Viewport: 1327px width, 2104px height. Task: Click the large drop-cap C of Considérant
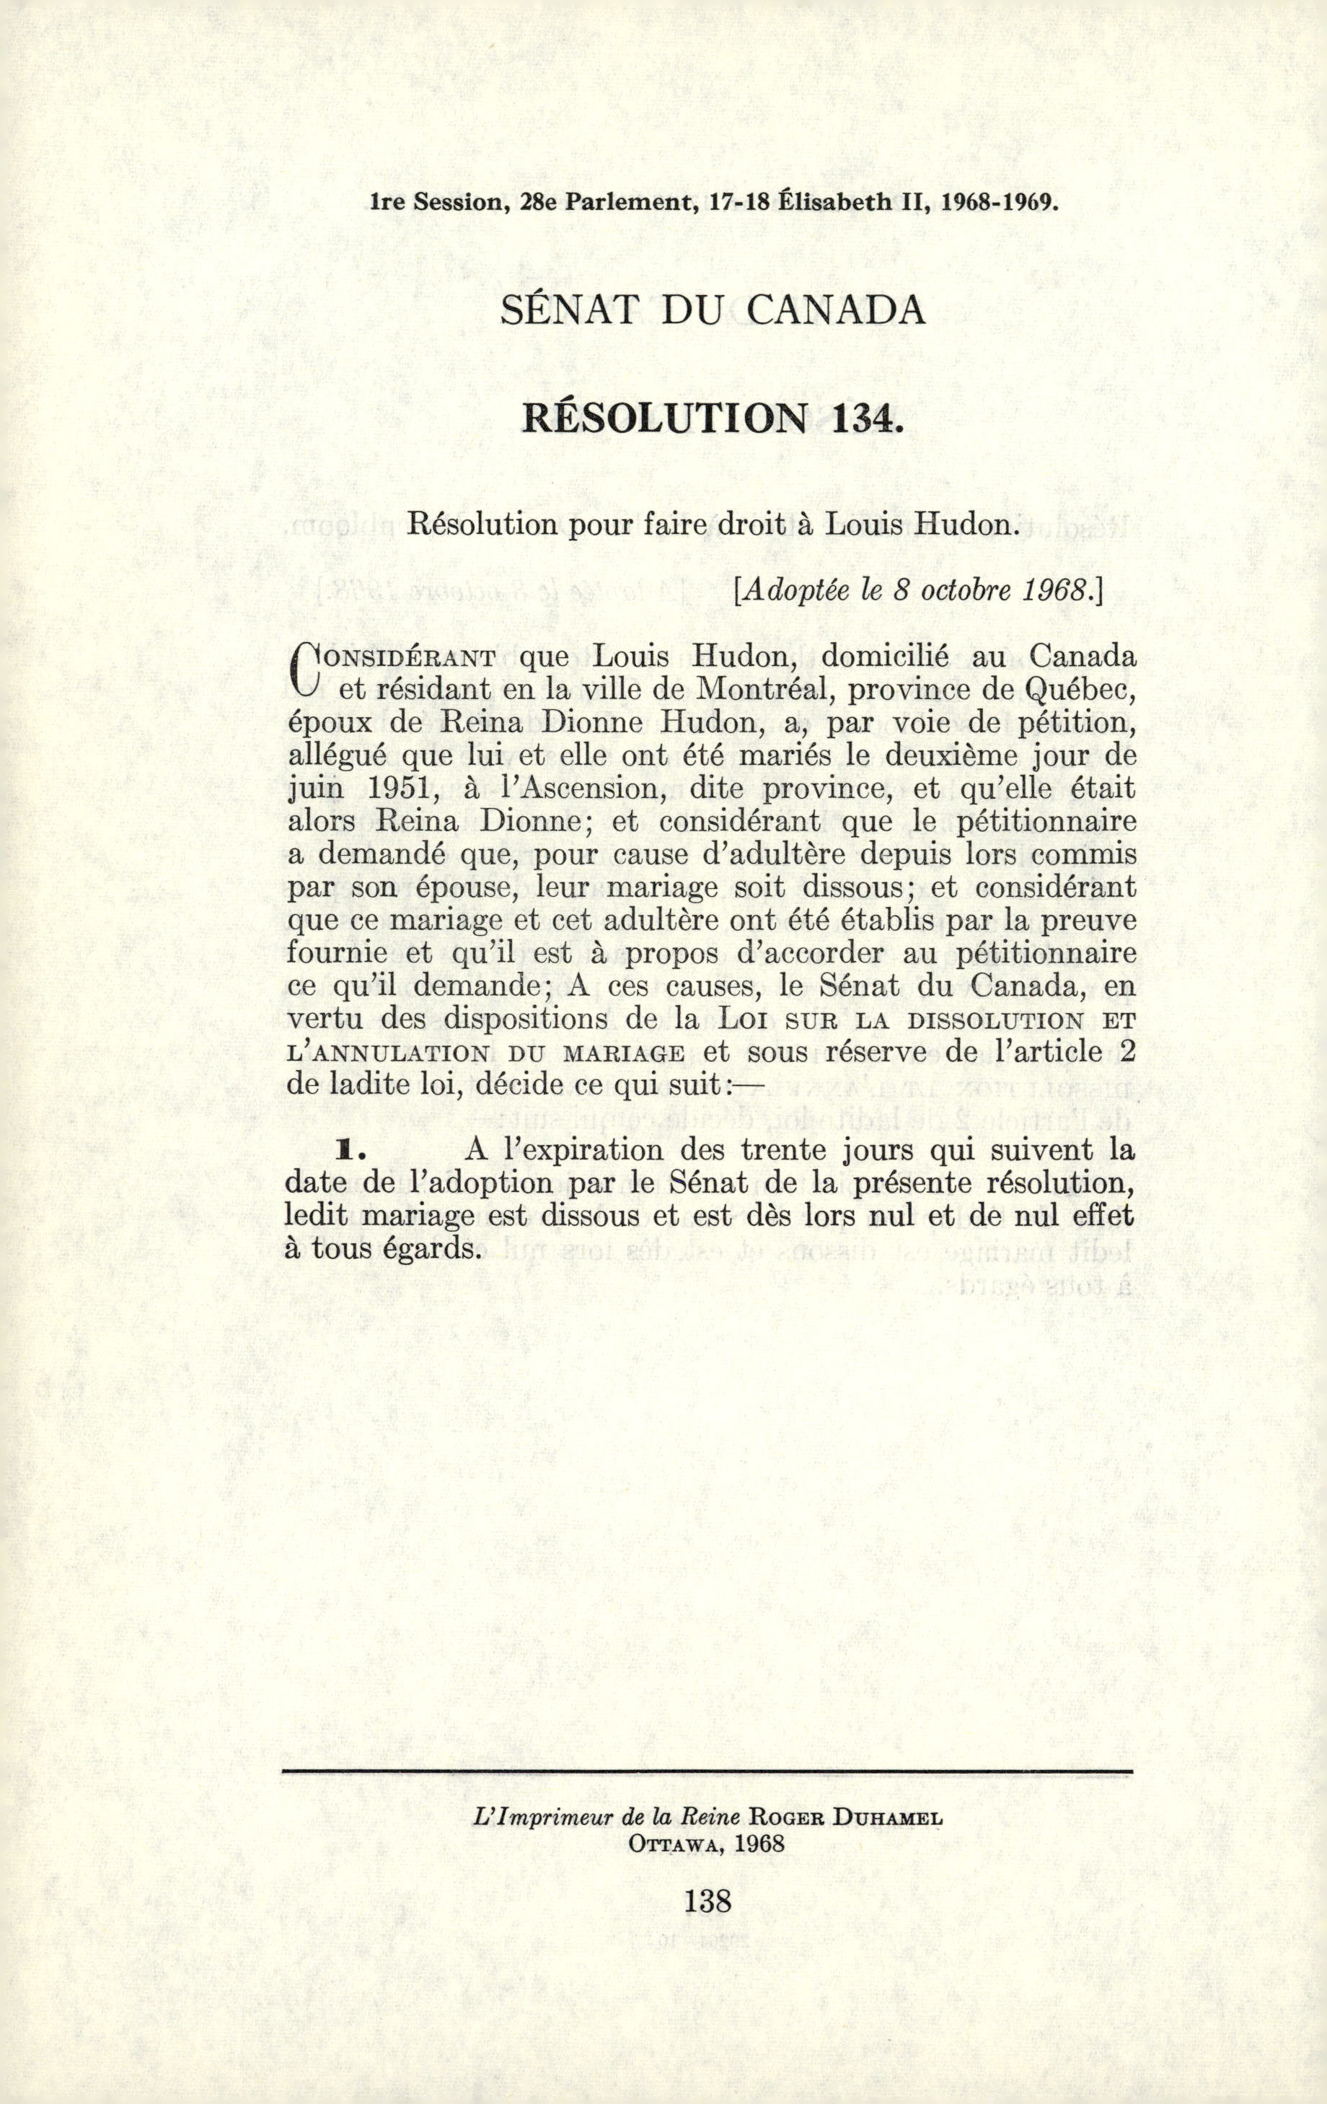click(x=303, y=670)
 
